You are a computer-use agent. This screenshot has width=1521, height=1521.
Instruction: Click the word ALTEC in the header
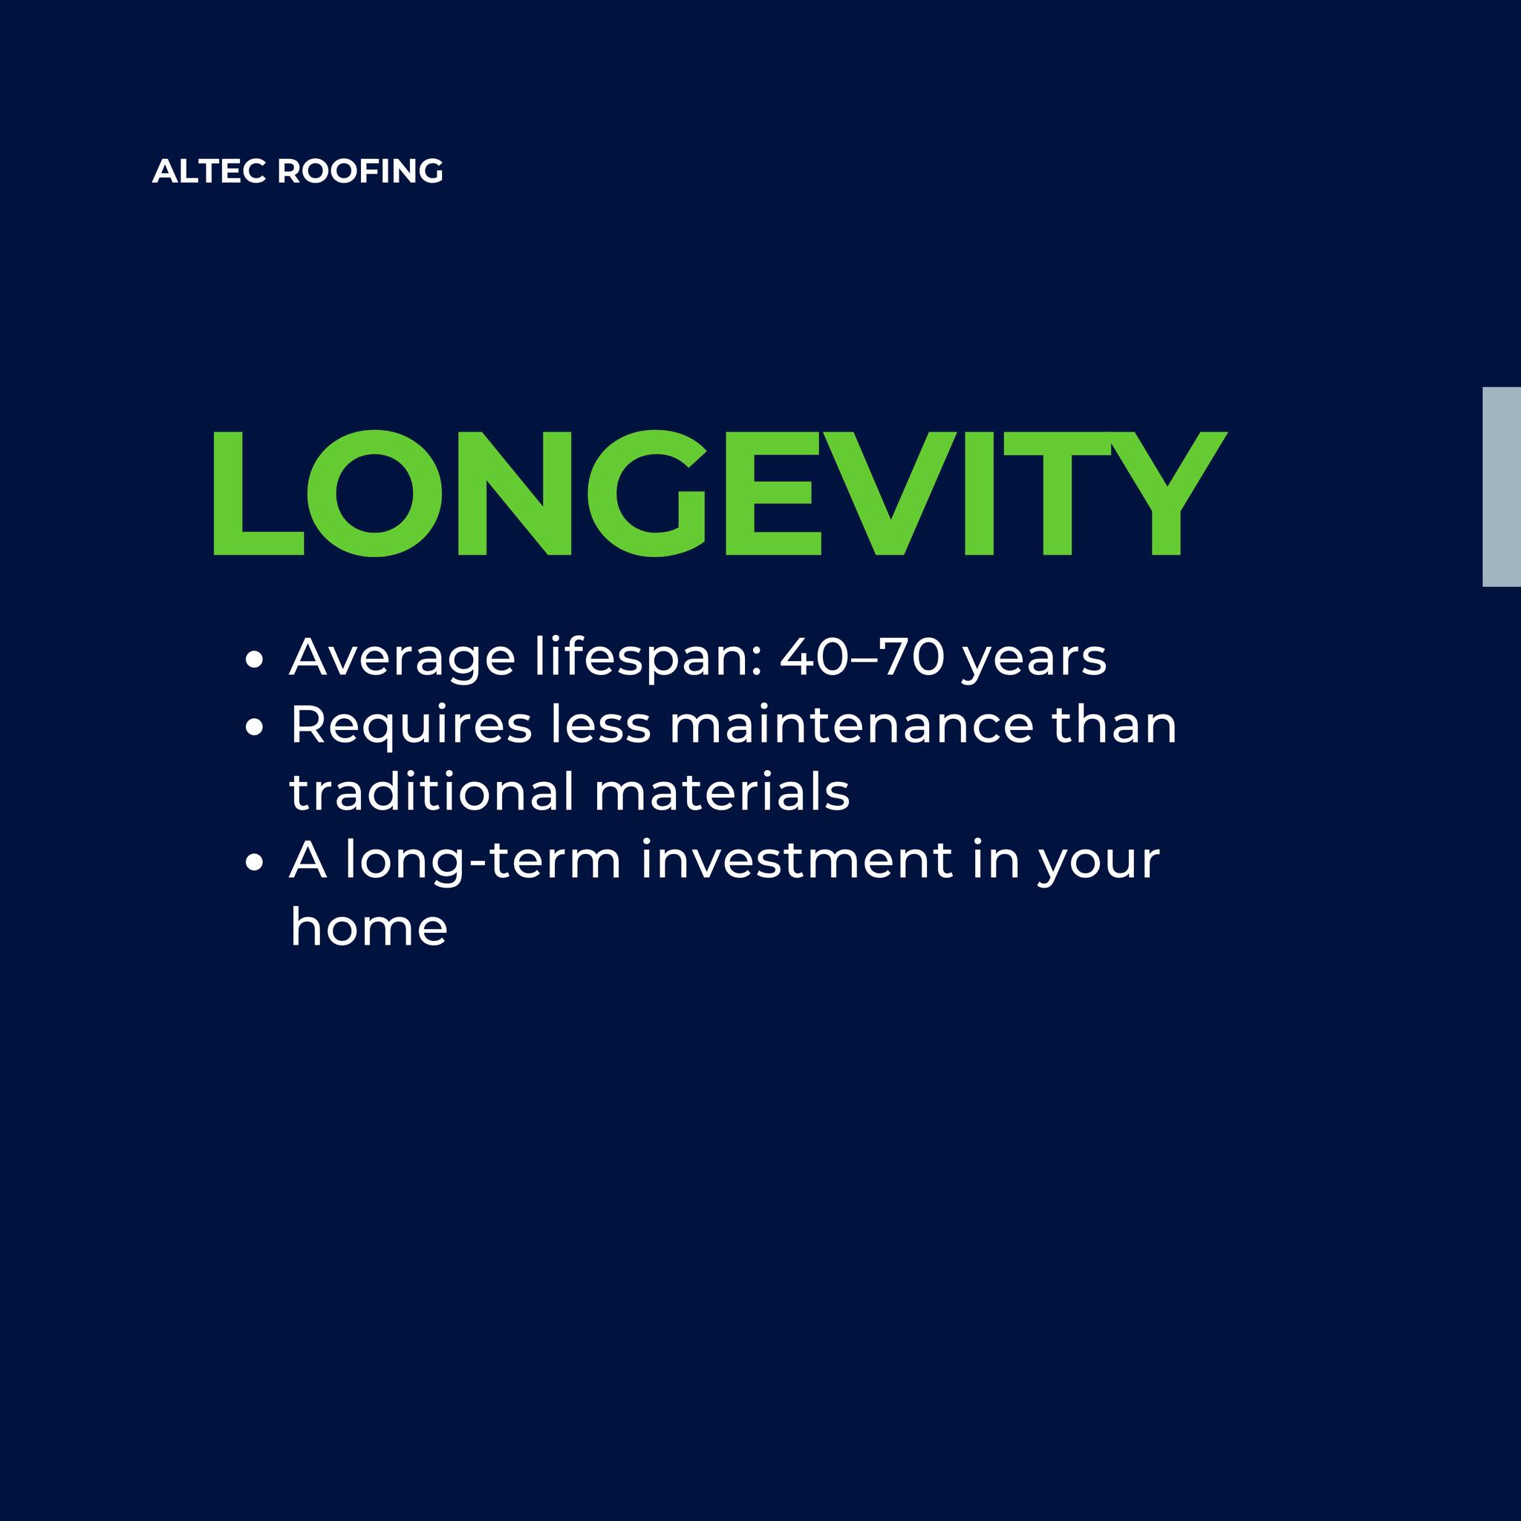[210, 172]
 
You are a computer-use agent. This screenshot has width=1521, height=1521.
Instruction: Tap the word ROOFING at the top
[360, 172]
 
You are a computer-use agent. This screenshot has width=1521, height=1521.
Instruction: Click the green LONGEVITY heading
[720, 494]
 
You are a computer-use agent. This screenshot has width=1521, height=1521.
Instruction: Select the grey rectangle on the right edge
[1501, 486]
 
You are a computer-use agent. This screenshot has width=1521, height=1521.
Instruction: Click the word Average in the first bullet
[403, 659]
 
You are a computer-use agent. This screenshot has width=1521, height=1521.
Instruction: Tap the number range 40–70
[862, 657]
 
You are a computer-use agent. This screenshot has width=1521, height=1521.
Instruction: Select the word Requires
[411, 726]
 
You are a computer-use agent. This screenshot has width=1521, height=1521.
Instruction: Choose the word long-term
[483, 862]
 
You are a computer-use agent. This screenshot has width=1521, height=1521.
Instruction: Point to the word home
[368, 927]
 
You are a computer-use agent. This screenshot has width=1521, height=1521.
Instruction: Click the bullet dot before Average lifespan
[253, 659]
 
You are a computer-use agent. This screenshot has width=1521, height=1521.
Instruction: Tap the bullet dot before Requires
[253, 727]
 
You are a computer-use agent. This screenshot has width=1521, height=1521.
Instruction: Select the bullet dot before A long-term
[253, 862]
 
